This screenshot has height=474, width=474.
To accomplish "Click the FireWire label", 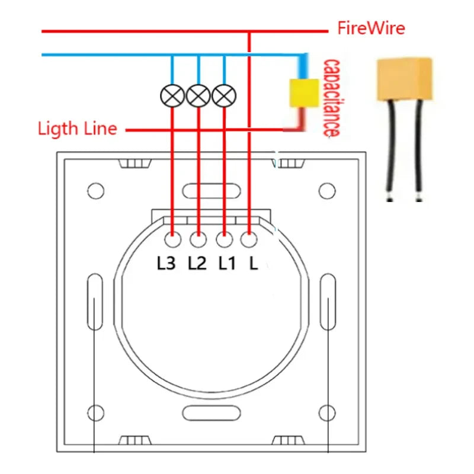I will (371, 28).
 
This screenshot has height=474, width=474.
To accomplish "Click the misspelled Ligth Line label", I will (77, 129).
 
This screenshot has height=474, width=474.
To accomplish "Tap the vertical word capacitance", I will (331, 98).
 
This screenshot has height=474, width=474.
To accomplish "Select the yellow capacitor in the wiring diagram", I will (303, 93).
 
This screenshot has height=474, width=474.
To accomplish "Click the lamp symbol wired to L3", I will (172, 95).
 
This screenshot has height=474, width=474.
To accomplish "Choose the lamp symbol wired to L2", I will (198, 95).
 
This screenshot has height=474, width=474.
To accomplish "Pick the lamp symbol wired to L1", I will (224, 95).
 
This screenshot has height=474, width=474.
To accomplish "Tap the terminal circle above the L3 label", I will (172, 240).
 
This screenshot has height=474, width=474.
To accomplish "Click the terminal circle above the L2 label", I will (198, 240).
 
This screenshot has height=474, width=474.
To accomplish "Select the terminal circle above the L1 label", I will (223, 240).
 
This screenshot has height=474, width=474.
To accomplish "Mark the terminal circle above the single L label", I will (249, 240).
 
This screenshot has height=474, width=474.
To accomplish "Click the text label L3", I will (166, 263).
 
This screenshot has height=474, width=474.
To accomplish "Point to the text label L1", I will (228, 263).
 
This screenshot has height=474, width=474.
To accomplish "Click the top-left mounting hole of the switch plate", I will (95, 191).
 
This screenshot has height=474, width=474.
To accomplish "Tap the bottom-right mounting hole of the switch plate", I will (326, 412).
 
